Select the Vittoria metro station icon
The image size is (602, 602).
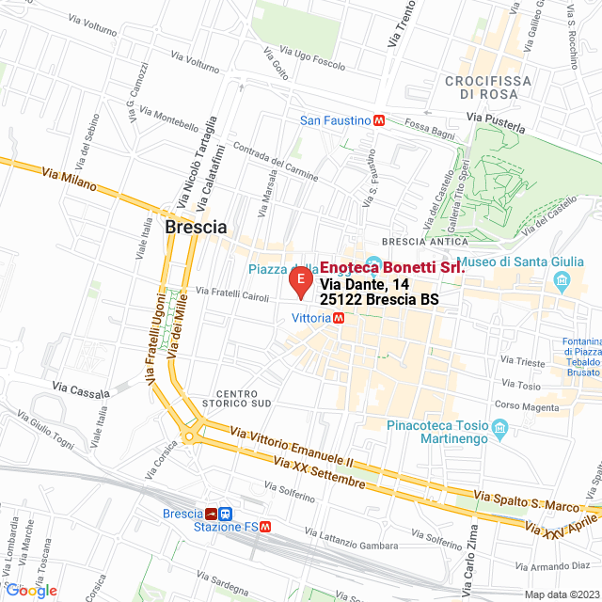point(340,318)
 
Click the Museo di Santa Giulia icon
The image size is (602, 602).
point(562,280)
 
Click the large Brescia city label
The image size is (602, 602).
point(196,228)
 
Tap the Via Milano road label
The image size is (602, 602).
point(70,179)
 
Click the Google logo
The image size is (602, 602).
point(30,590)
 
